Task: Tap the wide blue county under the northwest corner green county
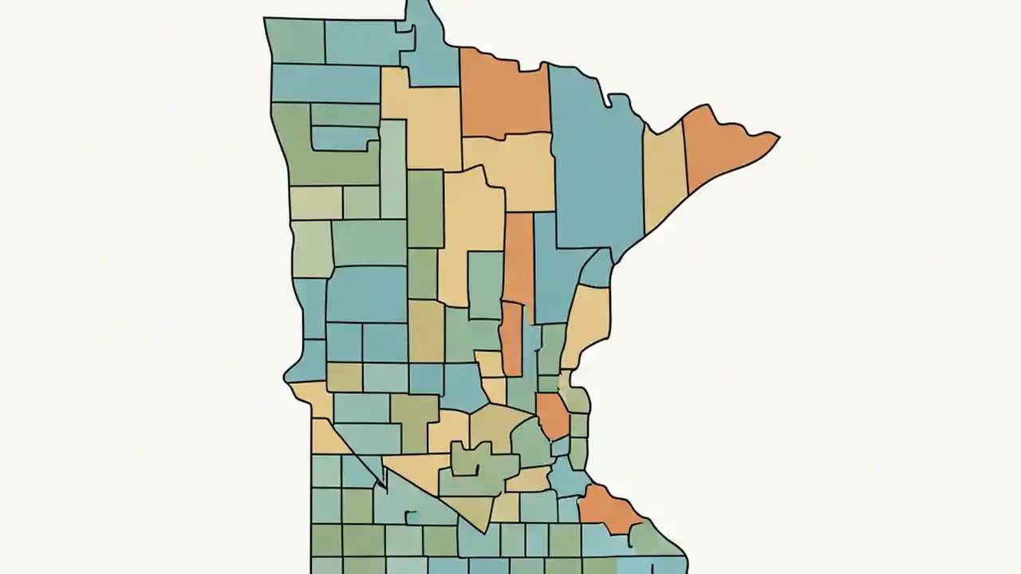325,83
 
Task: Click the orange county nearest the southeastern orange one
552,415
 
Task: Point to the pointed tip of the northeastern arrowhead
779,138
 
